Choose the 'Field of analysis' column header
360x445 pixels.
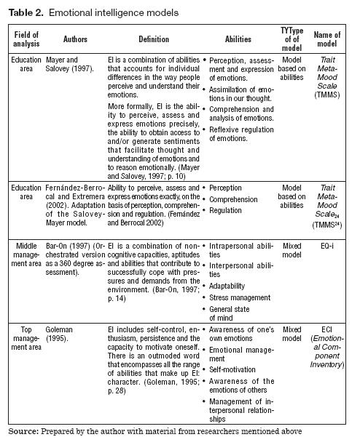click(x=27, y=39)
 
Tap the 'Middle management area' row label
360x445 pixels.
click(x=27, y=257)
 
